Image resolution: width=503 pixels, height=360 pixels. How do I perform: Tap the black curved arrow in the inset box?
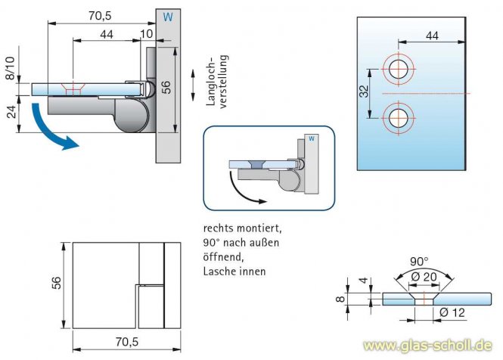[x=242, y=189]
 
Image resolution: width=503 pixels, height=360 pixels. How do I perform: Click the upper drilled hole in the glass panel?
[x=398, y=67]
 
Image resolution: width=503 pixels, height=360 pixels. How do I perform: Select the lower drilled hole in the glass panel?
[x=398, y=117]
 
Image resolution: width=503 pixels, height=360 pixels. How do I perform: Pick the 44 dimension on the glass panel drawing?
[x=432, y=35]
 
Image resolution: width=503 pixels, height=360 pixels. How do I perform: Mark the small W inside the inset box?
[x=310, y=138]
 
